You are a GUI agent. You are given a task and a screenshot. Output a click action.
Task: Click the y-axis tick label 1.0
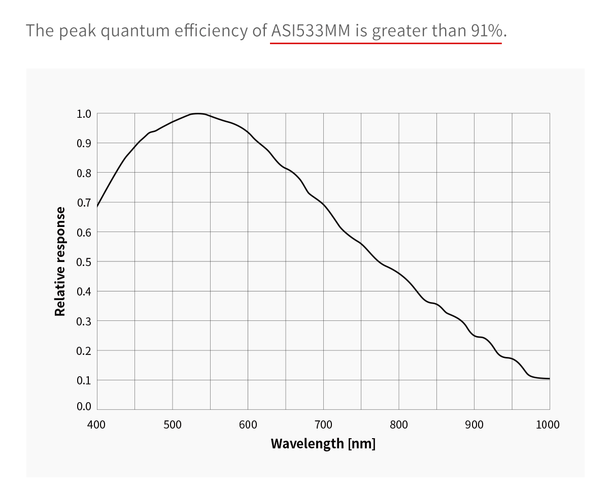tap(84, 114)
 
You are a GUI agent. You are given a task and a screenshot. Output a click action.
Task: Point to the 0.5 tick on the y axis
tap(84, 262)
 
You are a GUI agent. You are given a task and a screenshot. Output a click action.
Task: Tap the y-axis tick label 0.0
tap(84, 406)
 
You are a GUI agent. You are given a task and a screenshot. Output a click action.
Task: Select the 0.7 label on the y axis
tap(84, 203)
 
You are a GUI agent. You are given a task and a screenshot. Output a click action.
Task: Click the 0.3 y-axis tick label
tap(84, 321)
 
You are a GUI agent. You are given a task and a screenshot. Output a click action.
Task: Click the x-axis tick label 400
tap(96, 424)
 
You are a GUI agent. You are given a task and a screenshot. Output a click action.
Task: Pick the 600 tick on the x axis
tap(248, 424)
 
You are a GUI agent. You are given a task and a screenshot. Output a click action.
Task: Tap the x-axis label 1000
tap(548, 424)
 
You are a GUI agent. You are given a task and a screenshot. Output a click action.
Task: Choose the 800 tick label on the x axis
tap(399, 424)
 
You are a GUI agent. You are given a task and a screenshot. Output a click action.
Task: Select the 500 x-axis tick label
tap(172, 424)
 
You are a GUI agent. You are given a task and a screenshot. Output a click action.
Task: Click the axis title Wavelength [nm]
tap(323, 443)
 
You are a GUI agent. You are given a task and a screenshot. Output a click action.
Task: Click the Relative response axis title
tap(60, 261)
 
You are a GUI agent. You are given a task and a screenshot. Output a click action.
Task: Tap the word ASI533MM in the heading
tap(311, 30)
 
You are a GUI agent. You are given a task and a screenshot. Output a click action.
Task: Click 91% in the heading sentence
tap(487, 30)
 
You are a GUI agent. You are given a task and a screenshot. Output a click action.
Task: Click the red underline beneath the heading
tap(386, 43)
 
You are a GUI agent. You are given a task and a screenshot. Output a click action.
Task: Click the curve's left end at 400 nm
tap(97, 207)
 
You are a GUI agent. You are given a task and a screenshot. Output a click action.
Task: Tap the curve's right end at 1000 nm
tap(549, 378)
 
